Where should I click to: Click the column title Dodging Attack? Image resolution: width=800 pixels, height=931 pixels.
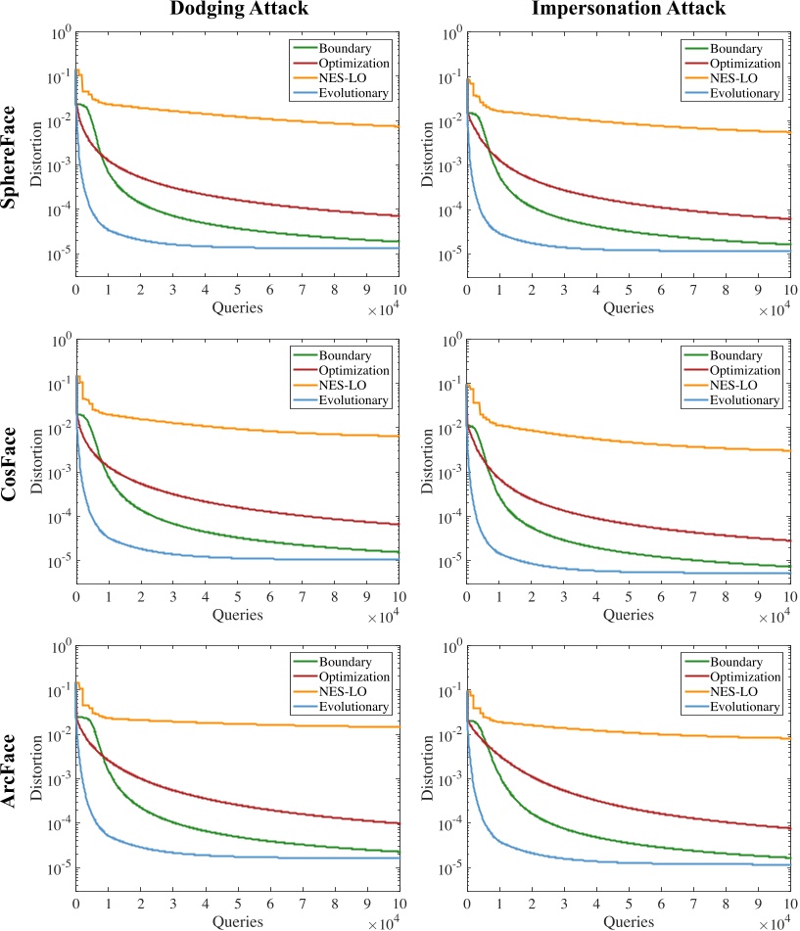click(x=235, y=11)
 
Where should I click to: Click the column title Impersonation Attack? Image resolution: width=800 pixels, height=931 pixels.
click(x=627, y=11)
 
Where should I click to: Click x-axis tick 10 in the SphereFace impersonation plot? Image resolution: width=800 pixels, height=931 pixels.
click(x=789, y=291)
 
